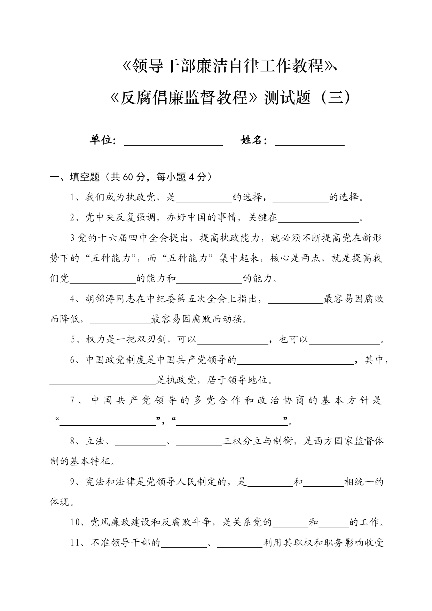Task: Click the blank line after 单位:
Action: point(173,143)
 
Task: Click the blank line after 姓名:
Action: point(309,143)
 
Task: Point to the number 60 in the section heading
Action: point(128,177)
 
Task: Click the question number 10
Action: point(75,523)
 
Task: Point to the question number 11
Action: point(75,543)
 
